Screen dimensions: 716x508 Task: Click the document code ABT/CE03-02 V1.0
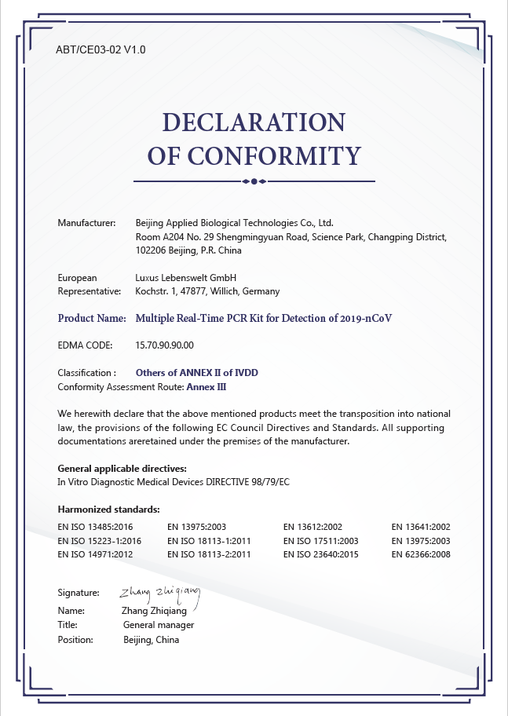(101, 49)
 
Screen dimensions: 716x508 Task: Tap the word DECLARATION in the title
(254, 122)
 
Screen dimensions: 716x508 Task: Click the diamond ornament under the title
(254, 181)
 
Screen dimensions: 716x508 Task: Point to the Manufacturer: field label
(87, 223)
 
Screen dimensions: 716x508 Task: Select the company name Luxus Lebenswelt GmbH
(186, 278)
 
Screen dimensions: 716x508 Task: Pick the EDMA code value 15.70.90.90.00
(165, 345)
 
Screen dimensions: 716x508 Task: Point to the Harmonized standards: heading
(109, 510)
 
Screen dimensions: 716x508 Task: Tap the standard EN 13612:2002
(312, 527)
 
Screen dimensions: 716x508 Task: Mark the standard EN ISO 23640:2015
(320, 554)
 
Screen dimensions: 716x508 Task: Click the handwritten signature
(160, 593)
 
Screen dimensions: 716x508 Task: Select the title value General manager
(159, 625)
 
